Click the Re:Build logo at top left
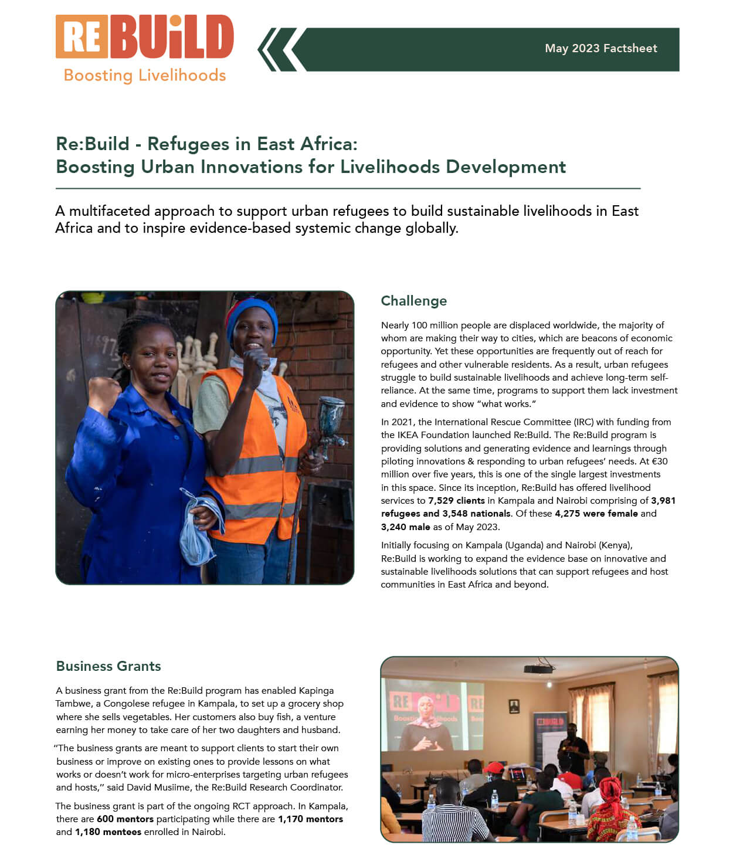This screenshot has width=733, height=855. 144,37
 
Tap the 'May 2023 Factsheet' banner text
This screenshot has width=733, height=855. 600,49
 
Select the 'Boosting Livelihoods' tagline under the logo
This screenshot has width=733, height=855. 144,76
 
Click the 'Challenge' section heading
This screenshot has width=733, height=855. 413,301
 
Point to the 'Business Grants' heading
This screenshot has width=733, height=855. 108,666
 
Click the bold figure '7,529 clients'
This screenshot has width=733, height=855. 456,501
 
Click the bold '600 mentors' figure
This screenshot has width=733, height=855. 125,819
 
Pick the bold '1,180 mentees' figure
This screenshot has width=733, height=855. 108,832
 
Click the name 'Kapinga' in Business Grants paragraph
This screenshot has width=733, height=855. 316,691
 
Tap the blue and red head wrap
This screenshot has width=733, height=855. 252,315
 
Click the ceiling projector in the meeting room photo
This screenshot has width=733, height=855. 538,669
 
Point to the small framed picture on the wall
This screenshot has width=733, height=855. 514,706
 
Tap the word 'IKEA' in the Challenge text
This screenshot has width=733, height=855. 408,435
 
